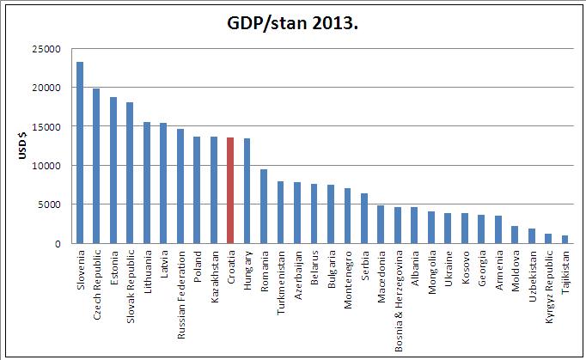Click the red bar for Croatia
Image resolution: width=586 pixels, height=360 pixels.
point(230,190)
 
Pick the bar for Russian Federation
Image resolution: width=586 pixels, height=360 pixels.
point(180,186)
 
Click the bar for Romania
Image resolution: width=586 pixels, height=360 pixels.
point(263,206)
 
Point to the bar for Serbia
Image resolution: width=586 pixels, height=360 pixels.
point(363,218)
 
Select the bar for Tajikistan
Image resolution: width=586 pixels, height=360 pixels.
point(565,239)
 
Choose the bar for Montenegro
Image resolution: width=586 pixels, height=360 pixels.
point(347,216)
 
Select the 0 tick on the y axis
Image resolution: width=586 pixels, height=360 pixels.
point(56,243)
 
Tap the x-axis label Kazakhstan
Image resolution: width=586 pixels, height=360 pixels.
point(214,274)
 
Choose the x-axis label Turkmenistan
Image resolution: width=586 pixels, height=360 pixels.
point(281,278)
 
